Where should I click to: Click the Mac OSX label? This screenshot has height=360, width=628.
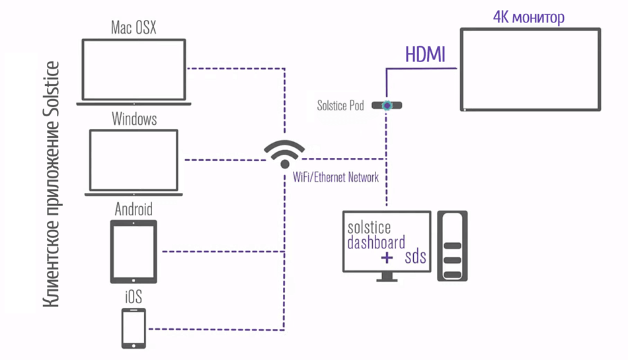pyautogui.click(x=134, y=28)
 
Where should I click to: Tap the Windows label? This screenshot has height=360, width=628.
pyautogui.click(x=134, y=120)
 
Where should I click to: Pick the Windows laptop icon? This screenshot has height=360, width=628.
pyautogui.click(x=134, y=161)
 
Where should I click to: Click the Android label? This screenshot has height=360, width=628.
pyautogui.click(x=134, y=209)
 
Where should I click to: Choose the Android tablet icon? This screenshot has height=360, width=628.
pyautogui.click(x=134, y=252)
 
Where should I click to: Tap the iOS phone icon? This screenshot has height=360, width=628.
pyautogui.click(x=134, y=328)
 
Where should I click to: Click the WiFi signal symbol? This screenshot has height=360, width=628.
pyautogui.click(x=284, y=153)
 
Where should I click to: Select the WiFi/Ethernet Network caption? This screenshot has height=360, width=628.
pyautogui.click(x=336, y=177)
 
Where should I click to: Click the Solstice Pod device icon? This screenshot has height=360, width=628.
pyautogui.click(x=388, y=105)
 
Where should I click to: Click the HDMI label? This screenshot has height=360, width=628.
pyautogui.click(x=425, y=55)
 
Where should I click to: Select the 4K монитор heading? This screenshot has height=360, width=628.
pyautogui.click(x=529, y=17)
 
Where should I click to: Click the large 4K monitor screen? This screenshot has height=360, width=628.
pyautogui.click(x=530, y=69)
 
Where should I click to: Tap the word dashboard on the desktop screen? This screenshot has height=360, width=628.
pyautogui.click(x=376, y=242)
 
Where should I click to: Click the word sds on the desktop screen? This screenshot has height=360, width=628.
pyautogui.click(x=415, y=257)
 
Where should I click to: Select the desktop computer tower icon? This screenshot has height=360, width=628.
pyautogui.click(x=452, y=246)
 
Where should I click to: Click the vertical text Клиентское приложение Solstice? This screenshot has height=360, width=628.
pyautogui.click(x=51, y=185)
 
